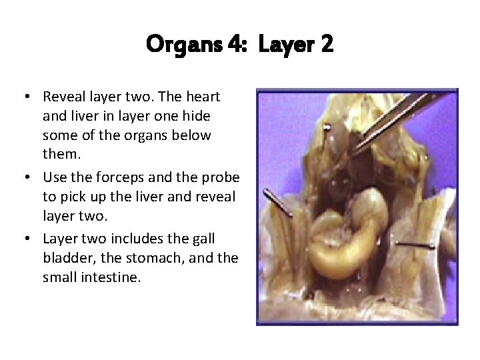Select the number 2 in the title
326,45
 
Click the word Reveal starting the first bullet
65,97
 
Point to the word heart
203,97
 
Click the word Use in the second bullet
54,178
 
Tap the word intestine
109,277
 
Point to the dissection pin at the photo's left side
277,203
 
